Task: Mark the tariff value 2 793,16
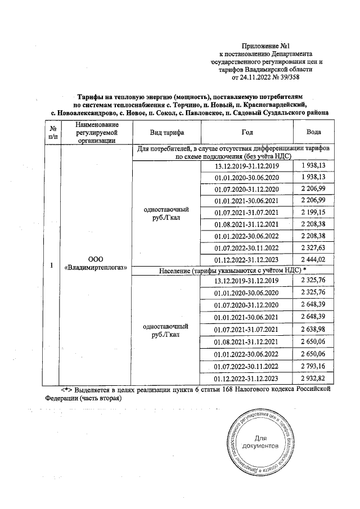coord(314,364)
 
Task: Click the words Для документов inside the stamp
coord(260,442)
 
